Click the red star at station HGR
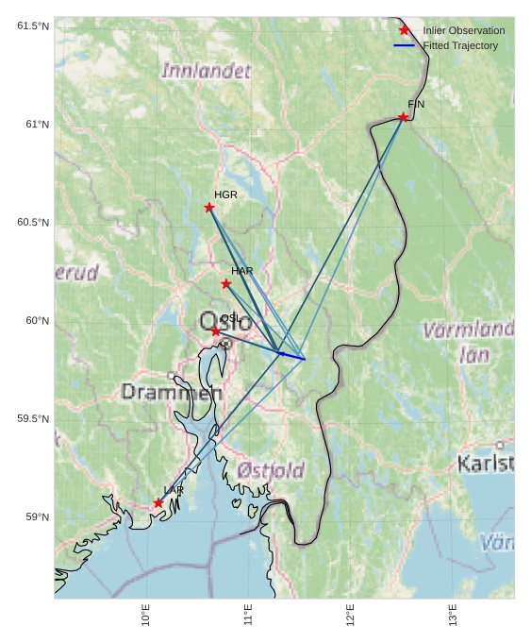(x=209, y=208)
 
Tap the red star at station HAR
(x=226, y=284)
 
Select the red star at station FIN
(x=403, y=117)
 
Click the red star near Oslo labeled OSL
(x=216, y=331)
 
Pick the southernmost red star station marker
(x=158, y=503)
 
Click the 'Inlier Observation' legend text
(x=463, y=30)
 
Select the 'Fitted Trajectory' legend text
(x=460, y=45)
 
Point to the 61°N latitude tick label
(x=32, y=125)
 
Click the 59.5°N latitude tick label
(x=32, y=419)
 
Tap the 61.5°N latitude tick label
(x=32, y=26)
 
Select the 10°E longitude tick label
(x=146, y=615)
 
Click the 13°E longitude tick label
(x=453, y=615)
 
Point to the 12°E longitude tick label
(x=351, y=615)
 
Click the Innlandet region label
(x=207, y=71)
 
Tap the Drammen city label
(x=172, y=392)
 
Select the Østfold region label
(x=271, y=470)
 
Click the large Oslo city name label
(x=225, y=322)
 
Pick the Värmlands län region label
(x=469, y=342)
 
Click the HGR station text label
(x=225, y=195)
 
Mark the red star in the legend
(x=405, y=30)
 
